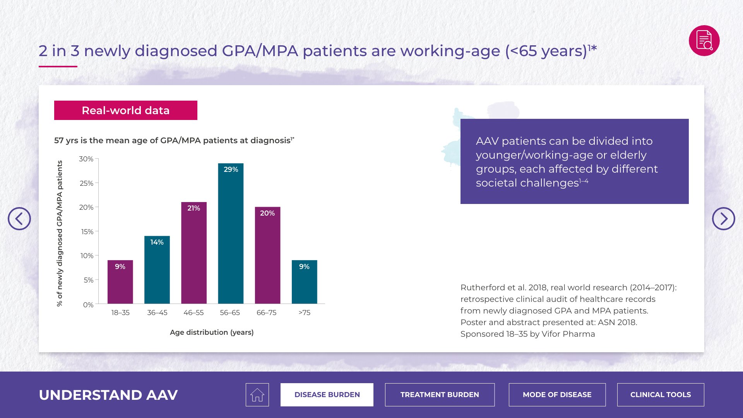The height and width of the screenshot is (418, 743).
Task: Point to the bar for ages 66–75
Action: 267,255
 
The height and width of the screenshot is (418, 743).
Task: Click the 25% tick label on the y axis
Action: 87,183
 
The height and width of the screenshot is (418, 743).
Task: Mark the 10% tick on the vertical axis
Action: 87,256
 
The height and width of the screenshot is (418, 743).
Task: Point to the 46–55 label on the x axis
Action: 193,313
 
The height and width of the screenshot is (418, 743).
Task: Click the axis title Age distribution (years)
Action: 212,332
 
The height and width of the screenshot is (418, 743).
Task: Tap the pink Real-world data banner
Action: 126,110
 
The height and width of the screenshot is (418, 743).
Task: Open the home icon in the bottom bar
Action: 257,395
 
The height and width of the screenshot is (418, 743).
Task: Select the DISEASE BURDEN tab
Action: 327,395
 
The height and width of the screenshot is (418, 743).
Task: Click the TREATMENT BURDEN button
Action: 440,395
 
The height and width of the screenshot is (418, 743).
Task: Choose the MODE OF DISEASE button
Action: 557,395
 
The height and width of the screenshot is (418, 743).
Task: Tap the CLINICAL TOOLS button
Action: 661,395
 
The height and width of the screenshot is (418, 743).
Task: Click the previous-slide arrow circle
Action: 19,219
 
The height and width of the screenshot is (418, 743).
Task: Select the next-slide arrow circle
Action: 724,219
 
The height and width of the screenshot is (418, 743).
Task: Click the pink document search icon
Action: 704,41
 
